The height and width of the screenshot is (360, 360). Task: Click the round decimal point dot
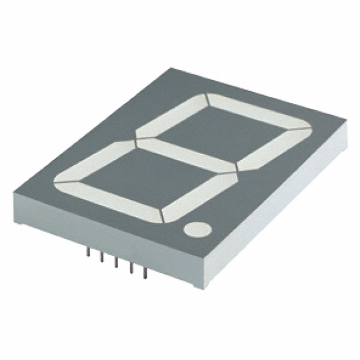coord(197,229)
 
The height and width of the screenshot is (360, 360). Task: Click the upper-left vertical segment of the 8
coord(172,115)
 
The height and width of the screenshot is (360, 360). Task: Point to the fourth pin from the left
coord(130,268)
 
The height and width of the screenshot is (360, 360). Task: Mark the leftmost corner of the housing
coord(13,194)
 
